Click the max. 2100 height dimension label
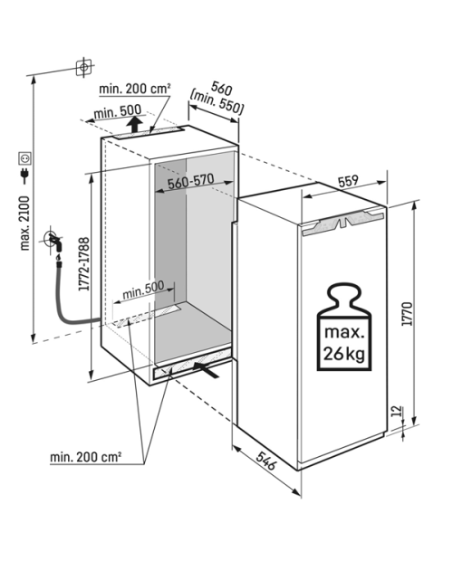[x=25, y=223]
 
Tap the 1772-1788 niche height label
[x=83, y=263]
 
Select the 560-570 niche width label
[x=191, y=181]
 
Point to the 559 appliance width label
[x=348, y=181]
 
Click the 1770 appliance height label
[x=407, y=314]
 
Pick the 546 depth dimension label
[x=266, y=460]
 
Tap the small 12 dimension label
[x=397, y=411]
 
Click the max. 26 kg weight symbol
[x=343, y=327]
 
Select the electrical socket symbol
[x=25, y=157]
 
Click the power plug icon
[x=25, y=176]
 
